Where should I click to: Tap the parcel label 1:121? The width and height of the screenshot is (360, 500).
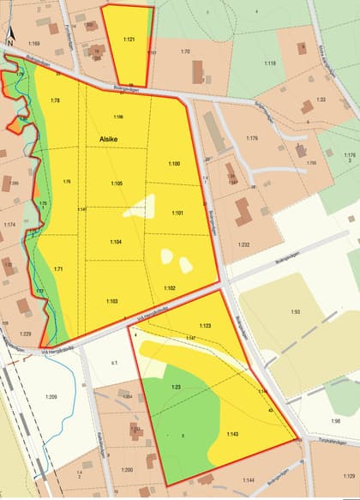[x=129, y=39]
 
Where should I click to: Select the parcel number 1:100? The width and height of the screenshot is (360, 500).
[x=174, y=164]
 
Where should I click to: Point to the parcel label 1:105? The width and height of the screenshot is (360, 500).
[x=117, y=184]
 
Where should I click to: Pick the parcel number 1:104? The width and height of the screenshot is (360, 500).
[x=116, y=243]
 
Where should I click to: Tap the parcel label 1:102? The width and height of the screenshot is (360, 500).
[x=170, y=288]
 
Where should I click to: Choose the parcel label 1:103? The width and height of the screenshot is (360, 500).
[x=112, y=301]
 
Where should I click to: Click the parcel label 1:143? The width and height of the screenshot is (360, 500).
[x=232, y=434]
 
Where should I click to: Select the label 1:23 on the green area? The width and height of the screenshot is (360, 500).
[x=175, y=387]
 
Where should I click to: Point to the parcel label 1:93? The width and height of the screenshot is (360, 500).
[x=295, y=312]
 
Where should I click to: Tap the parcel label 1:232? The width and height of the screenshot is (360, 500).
[x=244, y=245]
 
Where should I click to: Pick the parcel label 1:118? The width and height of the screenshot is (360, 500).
[x=270, y=63]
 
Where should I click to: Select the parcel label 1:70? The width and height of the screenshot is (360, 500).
[x=184, y=52]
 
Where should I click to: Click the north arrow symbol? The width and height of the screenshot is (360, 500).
[x=8, y=33]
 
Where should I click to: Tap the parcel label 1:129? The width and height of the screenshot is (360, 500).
[x=349, y=474]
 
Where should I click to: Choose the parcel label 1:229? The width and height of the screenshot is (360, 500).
[x=25, y=334]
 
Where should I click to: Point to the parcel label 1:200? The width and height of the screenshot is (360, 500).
[x=127, y=470]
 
